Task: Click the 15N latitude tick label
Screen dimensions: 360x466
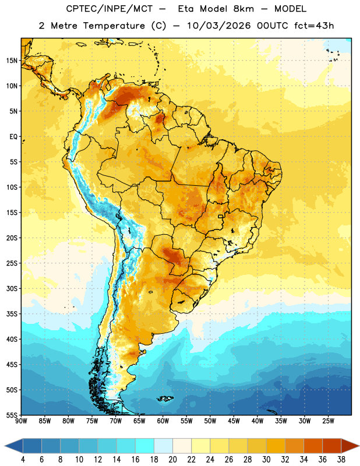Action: [x=12, y=61]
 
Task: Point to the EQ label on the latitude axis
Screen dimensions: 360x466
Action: [x=13, y=137]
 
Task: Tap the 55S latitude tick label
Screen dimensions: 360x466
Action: [x=12, y=415]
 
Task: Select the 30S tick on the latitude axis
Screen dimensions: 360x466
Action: [x=12, y=288]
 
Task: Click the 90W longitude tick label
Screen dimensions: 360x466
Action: [x=21, y=421]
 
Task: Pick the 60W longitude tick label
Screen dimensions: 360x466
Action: [x=163, y=421]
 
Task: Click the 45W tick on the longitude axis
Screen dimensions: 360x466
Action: [x=234, y=421]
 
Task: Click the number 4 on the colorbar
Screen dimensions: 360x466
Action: [x=23, y=460]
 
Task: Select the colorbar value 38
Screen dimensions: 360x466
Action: [x=341, y=460]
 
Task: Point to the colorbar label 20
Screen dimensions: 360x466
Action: [x=172, y=460]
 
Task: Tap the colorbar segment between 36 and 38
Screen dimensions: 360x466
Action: [x=332, y=446]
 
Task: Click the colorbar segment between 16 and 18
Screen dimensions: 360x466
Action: [x=145, y=446]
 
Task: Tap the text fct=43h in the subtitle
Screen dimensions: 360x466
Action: [x=314, y=26]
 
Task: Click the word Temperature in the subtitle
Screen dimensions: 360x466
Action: [x=114, y=26]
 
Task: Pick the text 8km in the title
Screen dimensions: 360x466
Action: [x=243, y=9]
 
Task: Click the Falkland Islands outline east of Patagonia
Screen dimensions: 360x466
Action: [x=165, y=398]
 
